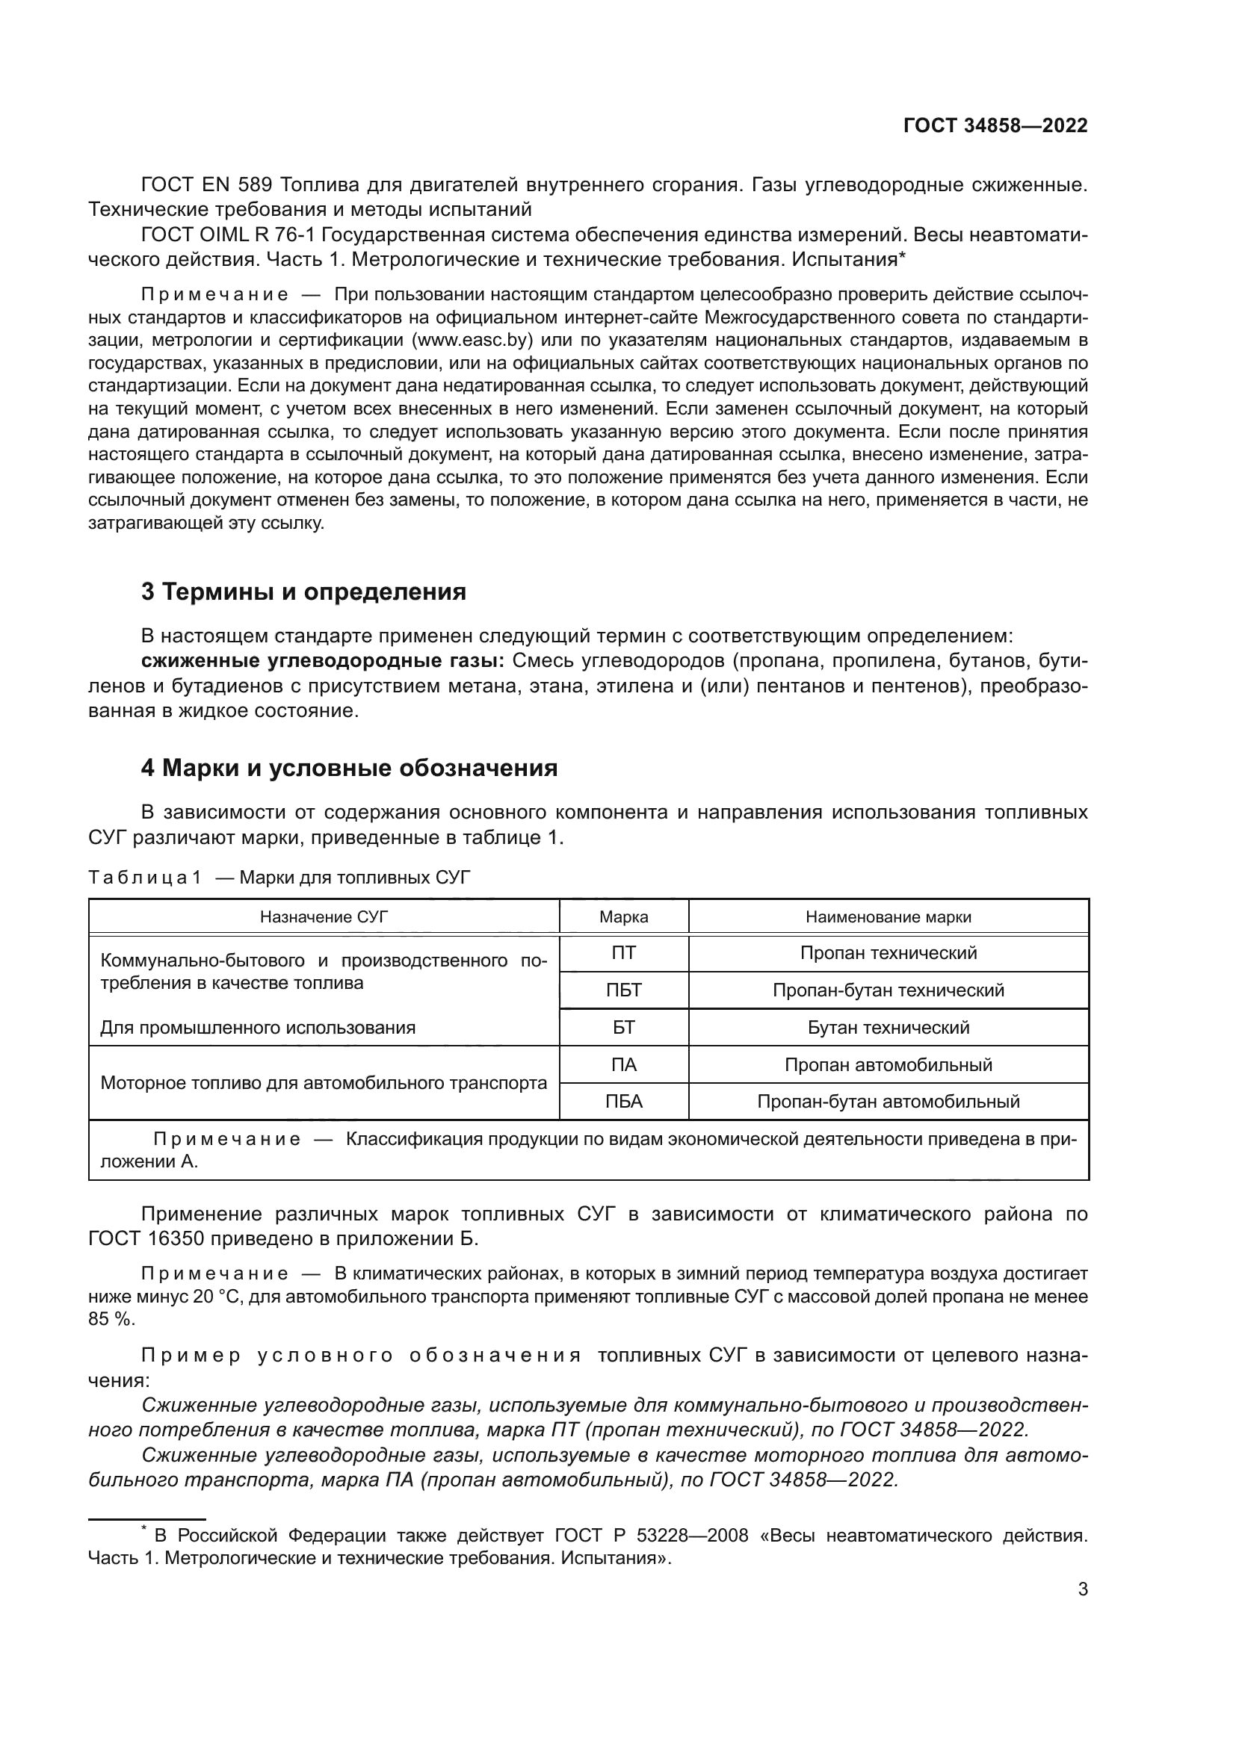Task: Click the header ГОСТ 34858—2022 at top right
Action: (x=995, y=126)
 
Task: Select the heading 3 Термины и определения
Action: (x=303, y=592)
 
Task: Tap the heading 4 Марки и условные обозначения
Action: (x=348, y=769)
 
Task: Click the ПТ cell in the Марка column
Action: (x=623, y=953)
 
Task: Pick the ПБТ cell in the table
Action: (x=623, y=990)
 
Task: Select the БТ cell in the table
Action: (x=623, y=1028)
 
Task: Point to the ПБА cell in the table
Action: (x=623, y=1102)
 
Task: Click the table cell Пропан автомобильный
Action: (x=889, y=1065)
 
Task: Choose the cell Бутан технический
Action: (x=889, y=1028)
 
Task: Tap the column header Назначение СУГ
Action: (x=324, y=917)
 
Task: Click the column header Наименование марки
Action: (x=889, y=917)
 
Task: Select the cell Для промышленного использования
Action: (x=258, y=1028)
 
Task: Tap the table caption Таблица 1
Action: (x=145, y=878)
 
